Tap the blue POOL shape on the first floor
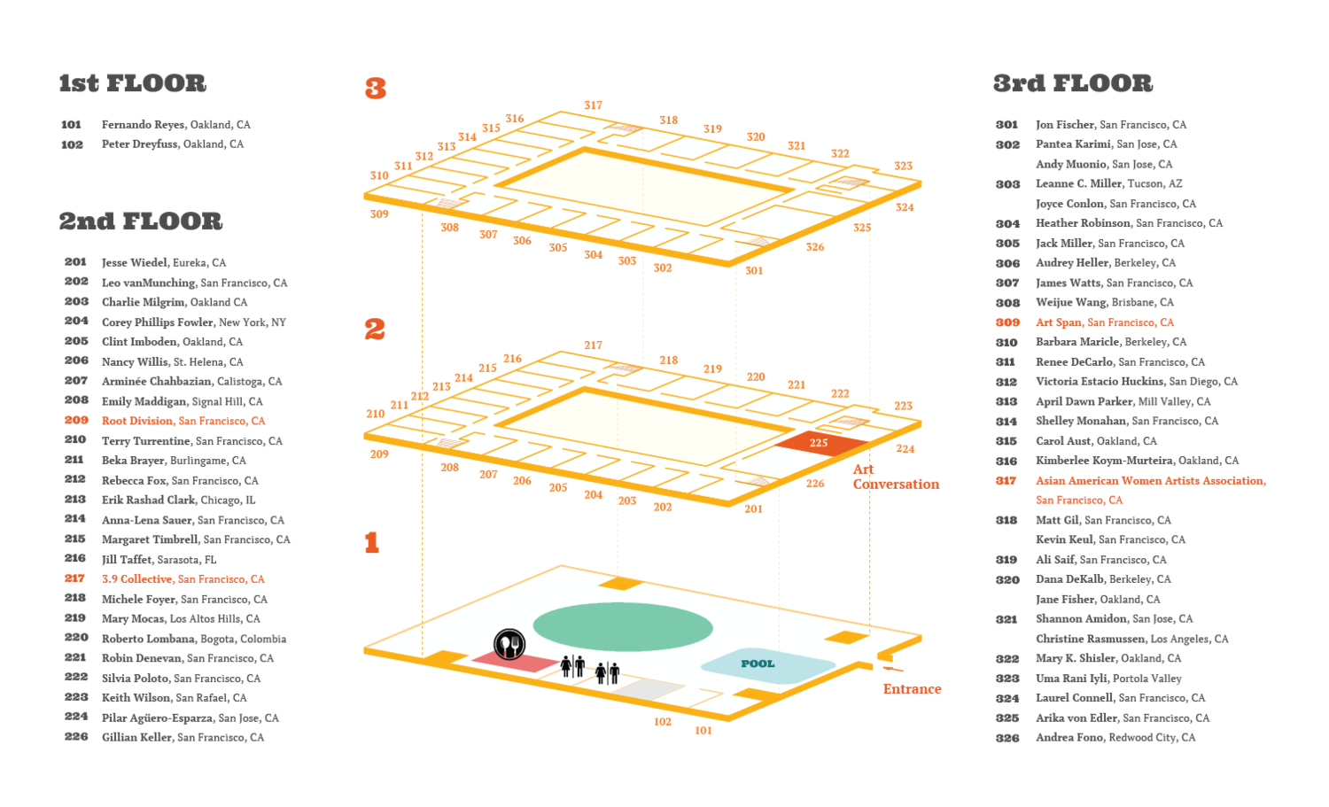768,665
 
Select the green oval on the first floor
622,626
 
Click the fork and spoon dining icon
509,644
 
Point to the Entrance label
912,689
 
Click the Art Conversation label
896,477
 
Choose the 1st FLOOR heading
132,83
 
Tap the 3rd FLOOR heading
1073,83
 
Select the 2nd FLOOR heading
141,221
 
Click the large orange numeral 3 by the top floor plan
376,89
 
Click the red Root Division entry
183,421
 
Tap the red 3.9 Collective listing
183,579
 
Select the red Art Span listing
1105,322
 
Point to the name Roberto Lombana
148,639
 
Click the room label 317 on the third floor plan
593,105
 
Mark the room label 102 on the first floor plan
663,722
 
